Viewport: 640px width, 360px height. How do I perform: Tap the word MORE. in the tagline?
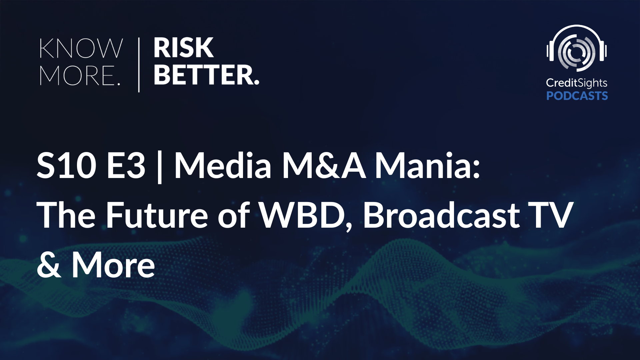(x=80, y=75)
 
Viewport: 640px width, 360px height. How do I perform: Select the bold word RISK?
(x=183, y=48)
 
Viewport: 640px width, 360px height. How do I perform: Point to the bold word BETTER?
(x=206, y=75)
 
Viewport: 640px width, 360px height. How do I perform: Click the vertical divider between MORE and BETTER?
(x=139, y=65)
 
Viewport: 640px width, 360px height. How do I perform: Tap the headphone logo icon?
(x=577, y=48)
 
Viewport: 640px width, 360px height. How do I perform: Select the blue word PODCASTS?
(x=577, y=96)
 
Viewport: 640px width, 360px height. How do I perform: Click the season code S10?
(x=66, y=166)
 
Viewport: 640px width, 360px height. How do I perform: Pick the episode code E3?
(x=126, y=166)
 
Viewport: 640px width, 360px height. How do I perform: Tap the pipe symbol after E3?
(x=159, y=167)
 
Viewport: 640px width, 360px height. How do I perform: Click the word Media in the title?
(x=223, y=165)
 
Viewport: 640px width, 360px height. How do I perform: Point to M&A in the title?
(x=324, y=166)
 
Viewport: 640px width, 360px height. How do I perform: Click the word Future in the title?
(x=157, y=215)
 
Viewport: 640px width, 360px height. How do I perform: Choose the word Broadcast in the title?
(x=441, y=215)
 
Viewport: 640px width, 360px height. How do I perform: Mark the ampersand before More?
(x=49, y=265)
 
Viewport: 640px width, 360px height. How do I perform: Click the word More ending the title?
(x=113, y=265)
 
